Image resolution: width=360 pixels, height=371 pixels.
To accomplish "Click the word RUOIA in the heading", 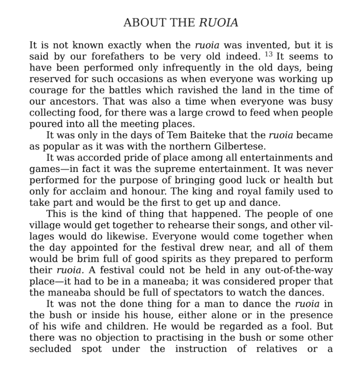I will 218,23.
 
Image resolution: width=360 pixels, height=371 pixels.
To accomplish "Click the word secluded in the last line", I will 50,349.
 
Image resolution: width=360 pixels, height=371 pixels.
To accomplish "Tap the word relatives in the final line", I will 276,349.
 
